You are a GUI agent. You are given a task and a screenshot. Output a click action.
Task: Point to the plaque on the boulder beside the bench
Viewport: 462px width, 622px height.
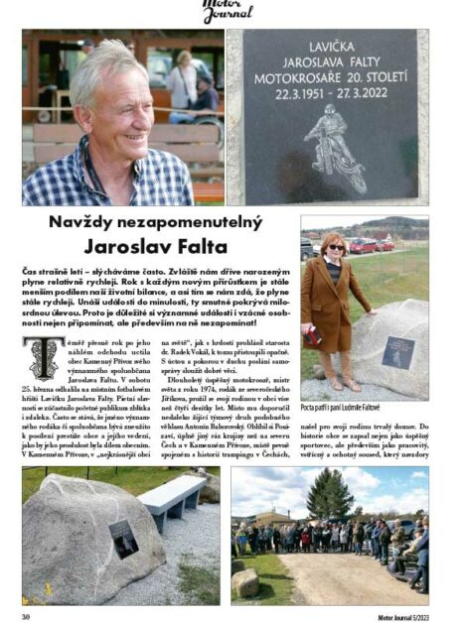click(x=124, y=537)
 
